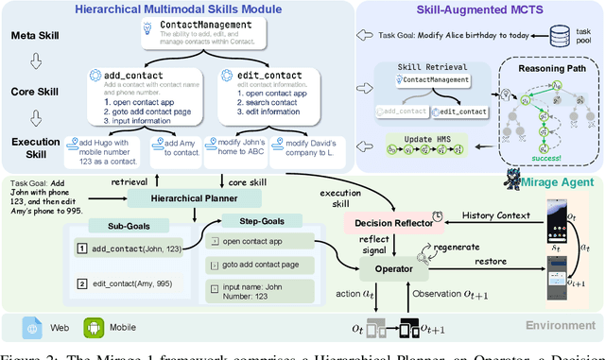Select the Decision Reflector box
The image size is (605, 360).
386,220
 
